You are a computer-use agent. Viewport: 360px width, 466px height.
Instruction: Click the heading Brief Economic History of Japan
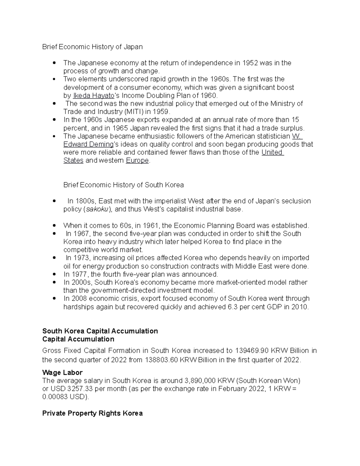[x=92, y=47]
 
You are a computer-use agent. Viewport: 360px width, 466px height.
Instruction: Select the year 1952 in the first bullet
[x=250, y=63]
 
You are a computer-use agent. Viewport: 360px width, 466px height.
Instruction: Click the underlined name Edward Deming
[x=88, y=144]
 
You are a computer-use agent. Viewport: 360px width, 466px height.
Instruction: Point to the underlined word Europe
[x=137, y=161]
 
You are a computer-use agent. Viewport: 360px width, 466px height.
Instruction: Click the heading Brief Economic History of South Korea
[x=123, y=185]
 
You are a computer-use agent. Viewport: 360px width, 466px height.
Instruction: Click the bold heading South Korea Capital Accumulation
[x=100, y=331]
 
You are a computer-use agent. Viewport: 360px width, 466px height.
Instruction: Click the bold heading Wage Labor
[x=62, y=373]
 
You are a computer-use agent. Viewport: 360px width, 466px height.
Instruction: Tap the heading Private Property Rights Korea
[x=92, y=413]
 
